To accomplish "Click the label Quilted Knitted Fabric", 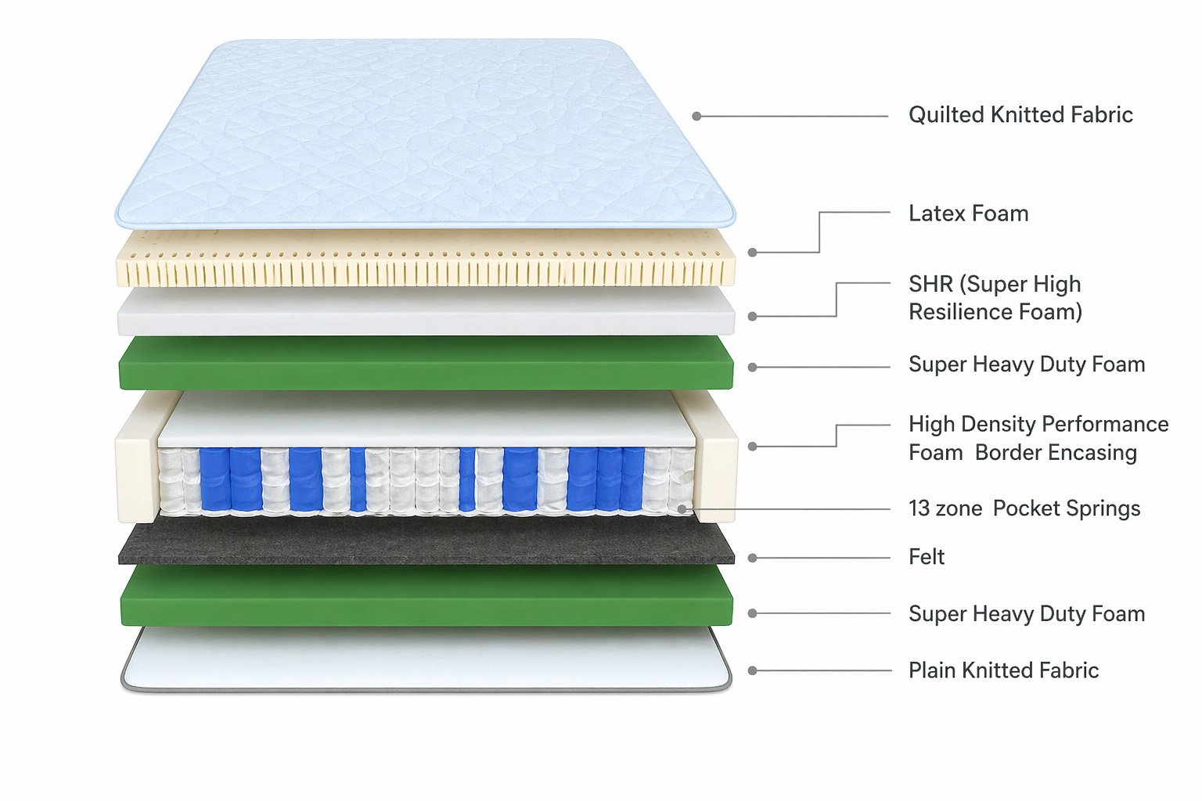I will click(x=1020, y=115).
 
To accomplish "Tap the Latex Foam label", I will click(x=968, y=214).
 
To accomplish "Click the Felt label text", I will click(x=927, y=557).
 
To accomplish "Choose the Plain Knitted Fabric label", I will click(x=1003, y=670).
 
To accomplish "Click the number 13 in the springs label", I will click(x=919, y=508).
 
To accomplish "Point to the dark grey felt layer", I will click(x=426, y=543).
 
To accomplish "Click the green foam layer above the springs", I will click(x=426, y=362).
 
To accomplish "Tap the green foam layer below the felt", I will click(x=426, y=596).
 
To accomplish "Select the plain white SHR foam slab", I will click(x=426, y=311).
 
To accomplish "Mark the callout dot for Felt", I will click(x=752, y=558).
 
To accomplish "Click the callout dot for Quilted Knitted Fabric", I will click(x=696, y=117).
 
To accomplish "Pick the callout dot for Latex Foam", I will click(x=752, y=253).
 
